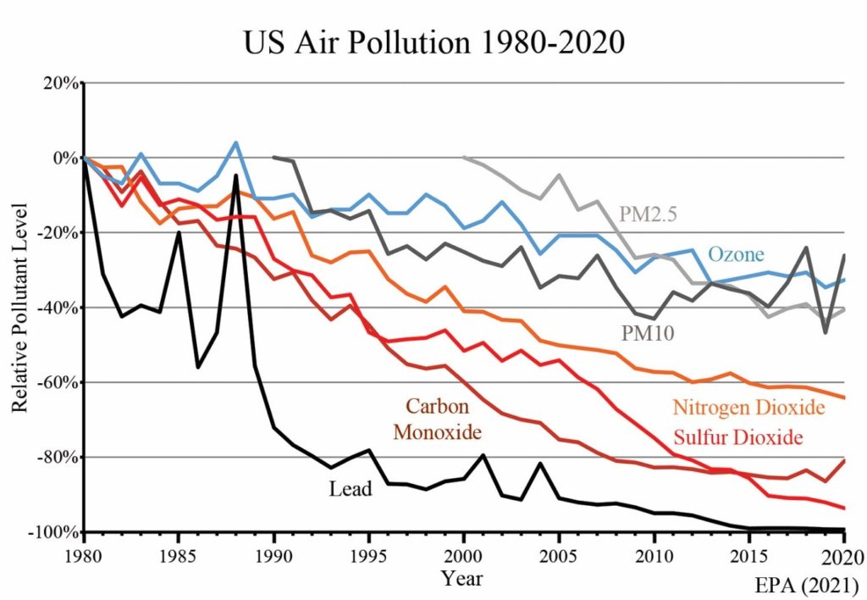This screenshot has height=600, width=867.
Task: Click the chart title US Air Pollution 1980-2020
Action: click(433, 42)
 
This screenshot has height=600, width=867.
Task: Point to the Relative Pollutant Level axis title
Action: click(19, 308)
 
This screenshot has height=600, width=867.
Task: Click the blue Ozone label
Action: click(736, 253)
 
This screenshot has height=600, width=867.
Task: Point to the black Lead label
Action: click(351, 488)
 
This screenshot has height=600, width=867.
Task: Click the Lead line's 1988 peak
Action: click(235, 175)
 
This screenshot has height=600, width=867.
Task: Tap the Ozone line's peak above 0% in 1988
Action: click(235, 142)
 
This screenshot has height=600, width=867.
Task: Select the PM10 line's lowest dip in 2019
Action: click(826, 332)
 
